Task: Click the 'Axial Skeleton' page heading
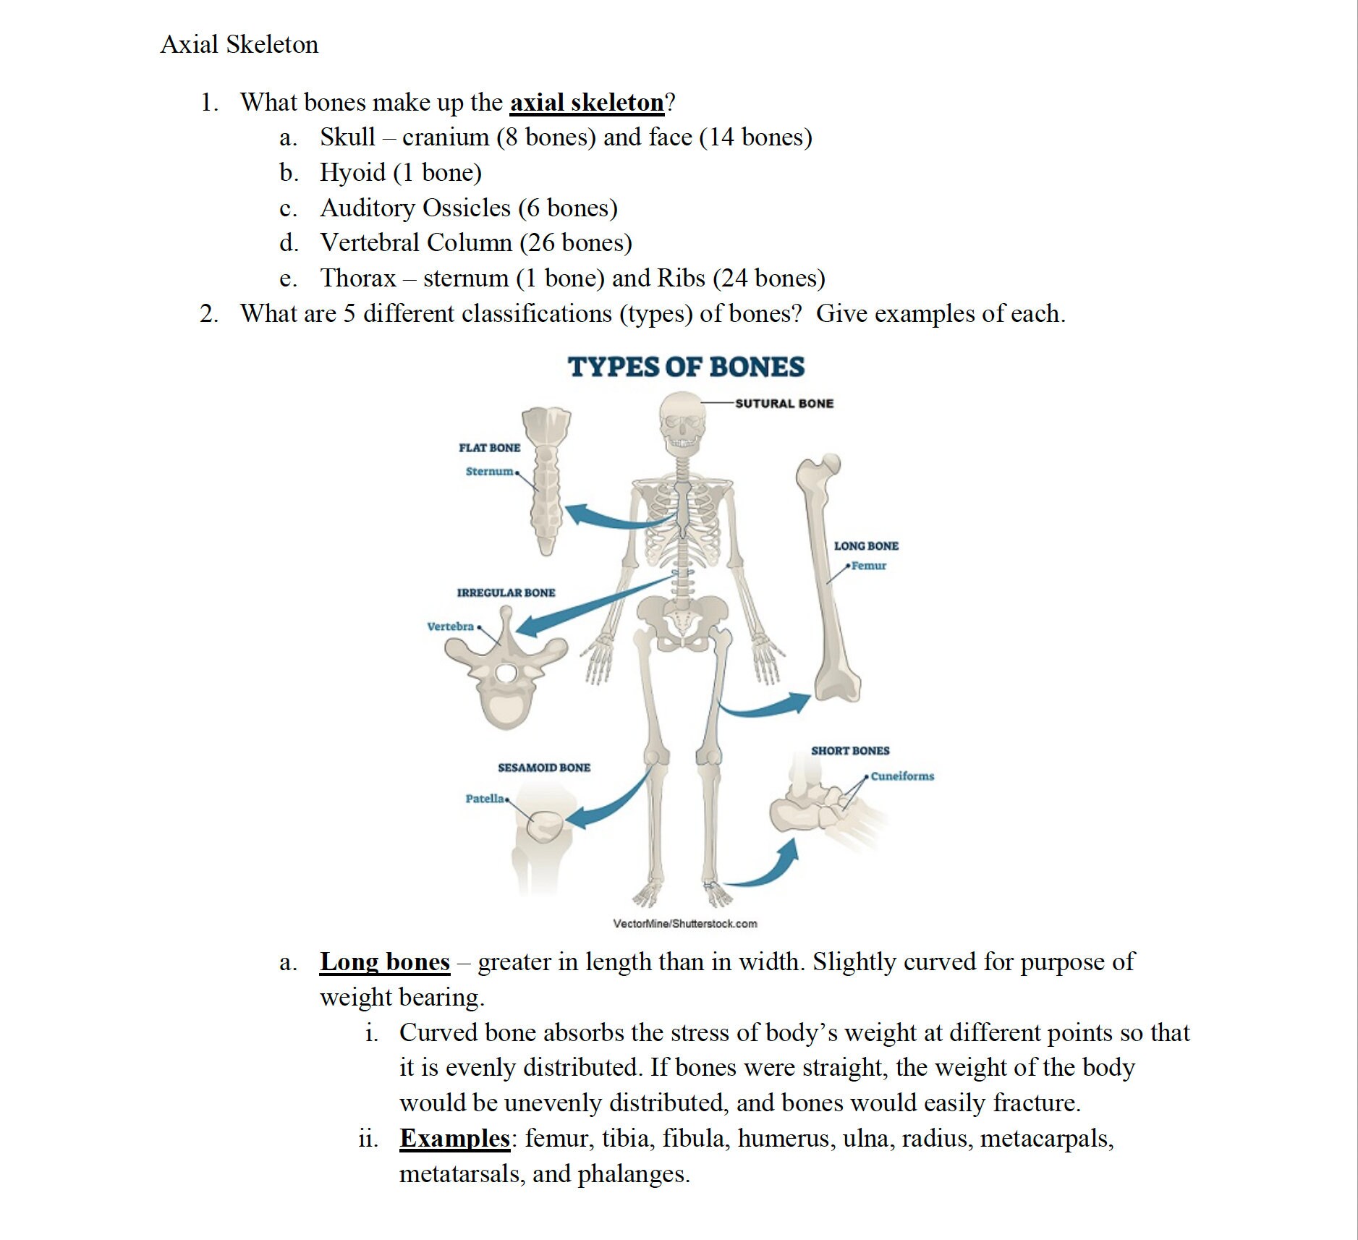239,45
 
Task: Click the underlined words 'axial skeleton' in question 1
586,103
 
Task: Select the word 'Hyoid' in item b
352,173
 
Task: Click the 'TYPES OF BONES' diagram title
685,367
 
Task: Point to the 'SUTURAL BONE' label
784,404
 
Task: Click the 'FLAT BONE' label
489,448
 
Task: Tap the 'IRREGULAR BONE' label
506,593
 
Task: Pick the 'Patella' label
485,799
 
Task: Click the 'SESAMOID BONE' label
543,768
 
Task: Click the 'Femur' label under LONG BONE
868,566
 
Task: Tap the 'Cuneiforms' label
902,776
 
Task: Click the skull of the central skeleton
682,420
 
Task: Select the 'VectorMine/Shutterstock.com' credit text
684,924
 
